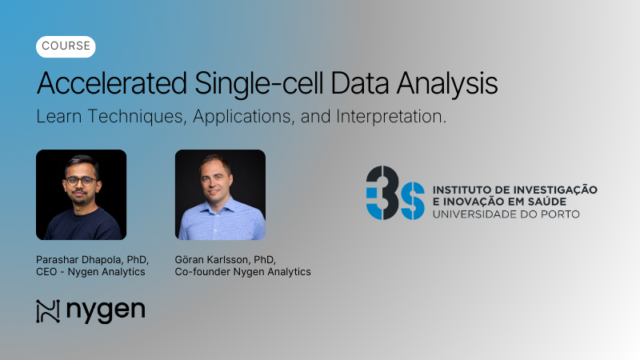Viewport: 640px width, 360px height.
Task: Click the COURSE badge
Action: (x=66, y=46)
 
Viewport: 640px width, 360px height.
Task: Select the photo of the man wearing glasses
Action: (x=81, y=194)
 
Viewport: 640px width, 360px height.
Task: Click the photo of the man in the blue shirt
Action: (x=220, y=194)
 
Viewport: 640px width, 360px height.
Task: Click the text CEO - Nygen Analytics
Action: (x=91, y=272)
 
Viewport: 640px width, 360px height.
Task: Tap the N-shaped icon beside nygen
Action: (x=48, y=311)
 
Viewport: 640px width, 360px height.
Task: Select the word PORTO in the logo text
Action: (x=562, y=214)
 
